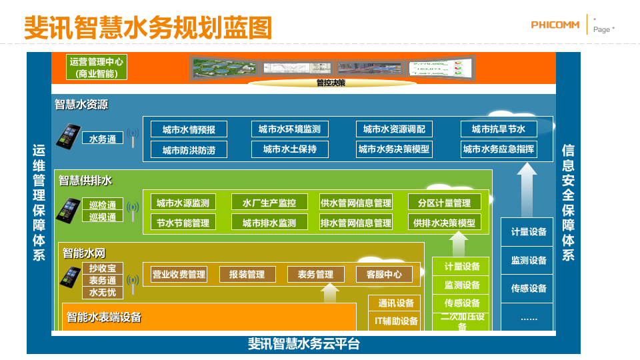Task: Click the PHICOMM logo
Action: tap(556, 25)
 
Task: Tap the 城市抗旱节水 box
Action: tap(499, 129)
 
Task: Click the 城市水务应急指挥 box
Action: tap(499, 149)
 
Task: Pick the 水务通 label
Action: tap(103, 139)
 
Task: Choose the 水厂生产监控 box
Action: tap(269, 202)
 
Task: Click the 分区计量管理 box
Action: tap(444, 202)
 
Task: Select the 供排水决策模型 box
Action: tap(444, 222)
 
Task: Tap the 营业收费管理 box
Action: tap(179, 274)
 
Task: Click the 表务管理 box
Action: tap(315, 274)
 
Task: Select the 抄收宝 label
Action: tap(103, 269)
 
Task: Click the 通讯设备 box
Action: tap(396, 303)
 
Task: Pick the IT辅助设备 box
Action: tap(396, 321)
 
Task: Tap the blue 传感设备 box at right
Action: tap(528, 288)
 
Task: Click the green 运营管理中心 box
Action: tap(96, 67)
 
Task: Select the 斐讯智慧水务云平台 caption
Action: tap(303, 344)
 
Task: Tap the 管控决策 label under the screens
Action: tap(331, 83)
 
